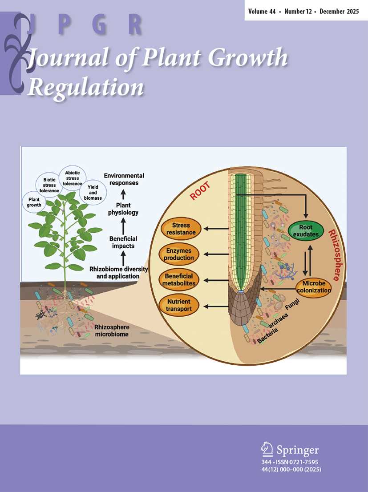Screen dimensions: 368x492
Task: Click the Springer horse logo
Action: (x=267, y=449)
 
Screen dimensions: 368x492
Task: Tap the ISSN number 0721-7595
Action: (x=304, y=462)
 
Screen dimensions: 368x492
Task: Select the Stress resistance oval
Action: (x=181, y=229)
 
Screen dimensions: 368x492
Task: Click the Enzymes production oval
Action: (x=179, y=254)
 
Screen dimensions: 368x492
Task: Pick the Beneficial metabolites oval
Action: (x=179, y=279)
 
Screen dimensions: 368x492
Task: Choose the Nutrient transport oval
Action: (x=179, y=305)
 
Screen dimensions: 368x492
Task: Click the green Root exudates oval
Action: (x=306, y=230)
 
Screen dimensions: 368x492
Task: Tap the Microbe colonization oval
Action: (x=314, y=287)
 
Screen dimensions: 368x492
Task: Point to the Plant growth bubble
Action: (x=34, y=202)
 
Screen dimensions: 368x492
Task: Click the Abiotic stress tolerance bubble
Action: (x=73, y=178)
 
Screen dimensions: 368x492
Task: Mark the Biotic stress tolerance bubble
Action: (x=49, y=185)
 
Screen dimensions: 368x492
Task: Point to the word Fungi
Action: (x=292, y=305)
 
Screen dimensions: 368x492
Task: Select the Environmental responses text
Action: (x=124, y=179)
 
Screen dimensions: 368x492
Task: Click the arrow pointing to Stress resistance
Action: (x=216, y=229)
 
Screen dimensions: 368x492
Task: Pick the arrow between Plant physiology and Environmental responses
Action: (x=123, y=195)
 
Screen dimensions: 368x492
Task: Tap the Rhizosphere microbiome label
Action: (x=111, y=331)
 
